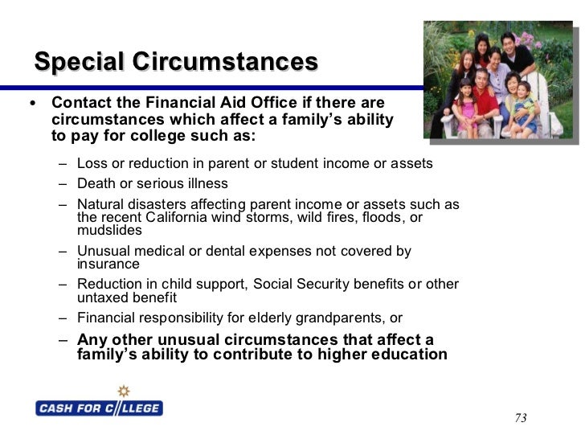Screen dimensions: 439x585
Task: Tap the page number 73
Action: [x=520, y=418]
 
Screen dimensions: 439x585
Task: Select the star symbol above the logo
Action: [x=123, y=392]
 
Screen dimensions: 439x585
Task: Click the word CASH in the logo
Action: [x=58, y=408]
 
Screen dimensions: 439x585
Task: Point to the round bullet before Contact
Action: [x=31, y=104]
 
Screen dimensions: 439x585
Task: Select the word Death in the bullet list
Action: [x=95, y=183]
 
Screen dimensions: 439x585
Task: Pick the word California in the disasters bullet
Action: [x=182, y=217]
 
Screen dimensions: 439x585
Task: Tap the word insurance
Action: [x=108, y=264]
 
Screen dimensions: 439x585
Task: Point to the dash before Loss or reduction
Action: [x=63, y=164]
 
